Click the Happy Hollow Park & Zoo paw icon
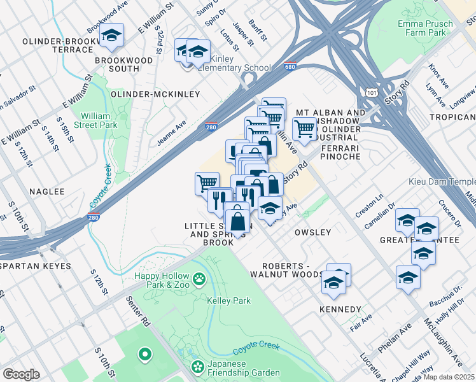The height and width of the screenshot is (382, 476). click(x=200, y=278)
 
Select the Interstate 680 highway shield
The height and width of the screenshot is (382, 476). click(x=290, y=66)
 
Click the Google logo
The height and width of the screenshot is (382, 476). click(x=21, y=374)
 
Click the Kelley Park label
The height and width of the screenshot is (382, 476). click(x=228, y=301)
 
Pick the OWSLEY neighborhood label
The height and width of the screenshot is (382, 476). click(x=312, y=232)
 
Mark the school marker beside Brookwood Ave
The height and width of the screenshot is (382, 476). click(x=111, y=36)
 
